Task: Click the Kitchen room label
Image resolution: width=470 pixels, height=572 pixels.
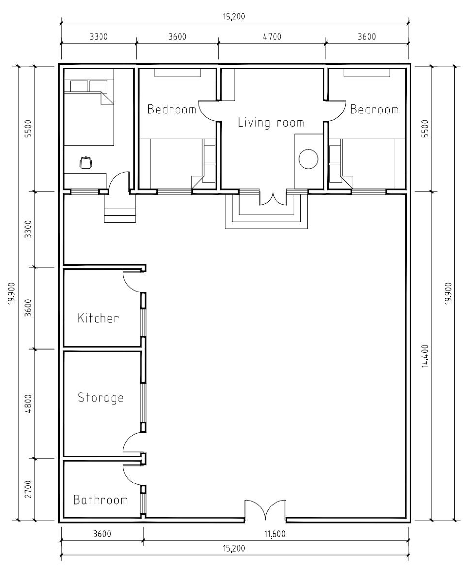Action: (99, 318)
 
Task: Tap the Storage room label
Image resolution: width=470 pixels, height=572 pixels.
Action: (100, 398)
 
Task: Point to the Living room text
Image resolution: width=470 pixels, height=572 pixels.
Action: (271, 123)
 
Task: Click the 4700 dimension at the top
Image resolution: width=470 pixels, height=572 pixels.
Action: (272, 37)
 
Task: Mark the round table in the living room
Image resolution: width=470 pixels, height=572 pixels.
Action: (308, 159)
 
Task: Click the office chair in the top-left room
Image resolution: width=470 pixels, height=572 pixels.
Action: (86, 162)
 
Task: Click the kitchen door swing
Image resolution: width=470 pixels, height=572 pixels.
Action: (132, 282)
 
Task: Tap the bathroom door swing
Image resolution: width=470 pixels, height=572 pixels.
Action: (132, 475)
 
